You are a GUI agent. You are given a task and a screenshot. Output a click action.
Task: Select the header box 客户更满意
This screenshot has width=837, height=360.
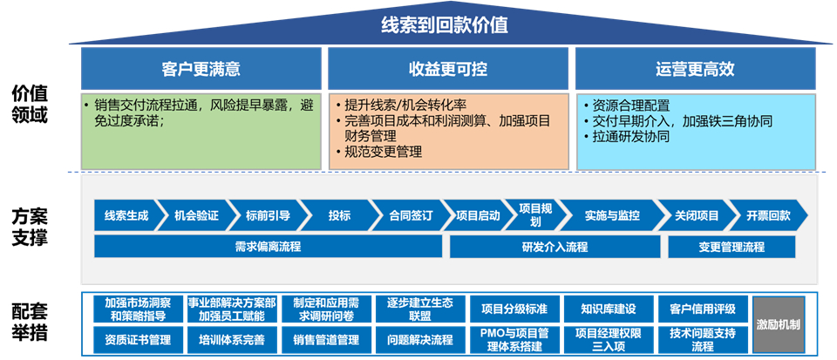click(x=201, y=68)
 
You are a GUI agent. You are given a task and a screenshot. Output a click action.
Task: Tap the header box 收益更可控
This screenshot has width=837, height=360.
click(x=448, y=68)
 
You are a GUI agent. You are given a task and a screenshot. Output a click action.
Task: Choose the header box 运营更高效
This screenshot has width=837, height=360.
click(x=695, y=68)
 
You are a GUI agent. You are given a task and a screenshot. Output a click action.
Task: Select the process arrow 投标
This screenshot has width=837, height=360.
click(x=339, y=215)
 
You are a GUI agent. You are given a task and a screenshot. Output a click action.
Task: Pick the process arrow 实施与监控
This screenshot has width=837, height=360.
click(x=612, y=215)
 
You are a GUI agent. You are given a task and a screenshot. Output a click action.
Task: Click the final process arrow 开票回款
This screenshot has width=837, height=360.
click(x=768, y=215)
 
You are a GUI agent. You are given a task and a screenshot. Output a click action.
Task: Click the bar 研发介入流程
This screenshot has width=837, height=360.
click(x=555, y=247)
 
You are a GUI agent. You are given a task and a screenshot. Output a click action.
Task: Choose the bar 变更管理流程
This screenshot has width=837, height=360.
click(x=732, y=247)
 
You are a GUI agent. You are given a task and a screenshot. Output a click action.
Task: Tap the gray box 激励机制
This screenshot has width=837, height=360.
click(x=779, y=323)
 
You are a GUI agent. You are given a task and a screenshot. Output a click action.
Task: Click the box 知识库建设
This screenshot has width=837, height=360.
click(x=608, y=309)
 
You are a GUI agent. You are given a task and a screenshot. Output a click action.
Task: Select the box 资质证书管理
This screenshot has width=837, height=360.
click(x=138, y=339)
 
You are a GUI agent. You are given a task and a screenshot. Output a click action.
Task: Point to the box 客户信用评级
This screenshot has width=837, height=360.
click(x=703, y=309)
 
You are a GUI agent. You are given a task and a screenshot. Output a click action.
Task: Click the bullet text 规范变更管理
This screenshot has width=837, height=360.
click(x=383, y=152)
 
